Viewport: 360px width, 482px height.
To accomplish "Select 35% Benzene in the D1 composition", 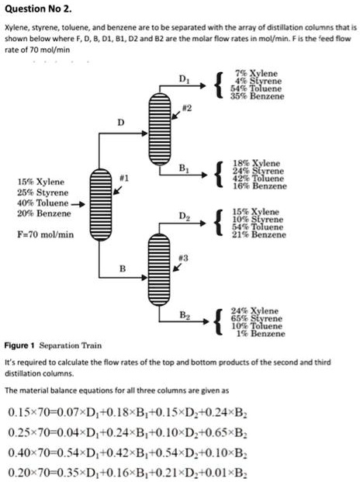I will pyautogui.click(x=258, y=96).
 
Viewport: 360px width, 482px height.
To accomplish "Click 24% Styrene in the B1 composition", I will pyautogui.click(x=258, y=171).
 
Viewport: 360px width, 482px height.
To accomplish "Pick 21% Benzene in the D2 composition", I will pyautogui.click(x=258, y=234).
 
